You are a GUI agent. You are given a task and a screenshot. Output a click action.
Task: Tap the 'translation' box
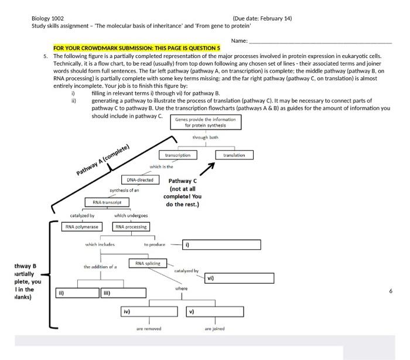(x=234, y=155)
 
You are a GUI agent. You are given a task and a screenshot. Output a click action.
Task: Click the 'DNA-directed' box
(x=140, y=179)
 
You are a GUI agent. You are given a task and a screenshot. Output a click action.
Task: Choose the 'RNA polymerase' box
(x=82, y=226)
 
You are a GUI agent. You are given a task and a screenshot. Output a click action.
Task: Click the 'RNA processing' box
(x=131, y=226)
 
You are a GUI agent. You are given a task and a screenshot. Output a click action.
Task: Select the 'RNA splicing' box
(x=148, y=264)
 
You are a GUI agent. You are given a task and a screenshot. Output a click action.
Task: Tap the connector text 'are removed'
(x=149, y=329)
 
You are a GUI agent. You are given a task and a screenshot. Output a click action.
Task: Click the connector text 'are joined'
(x=214, y=329)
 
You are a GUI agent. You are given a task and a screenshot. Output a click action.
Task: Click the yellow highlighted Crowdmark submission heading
(x=136, y=47)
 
